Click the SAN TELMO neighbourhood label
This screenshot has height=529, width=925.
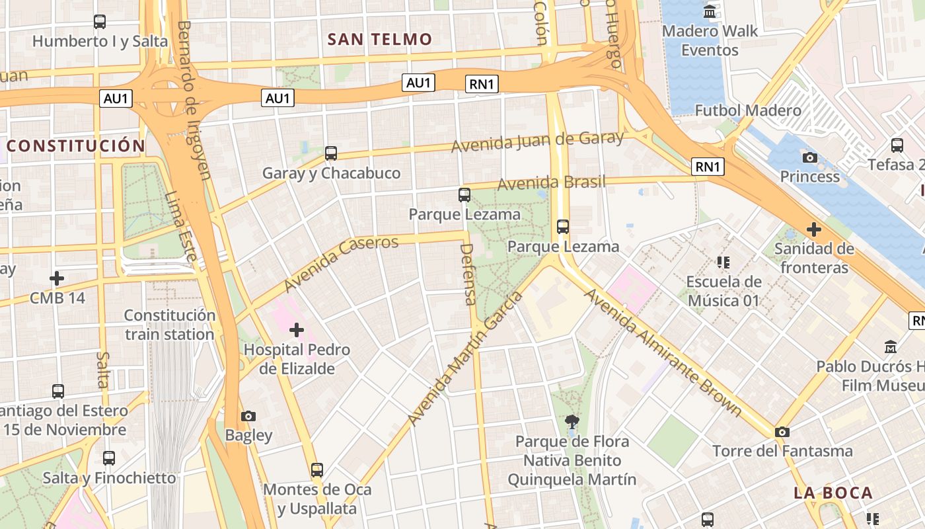click(379, 39)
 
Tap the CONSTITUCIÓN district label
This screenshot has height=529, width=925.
click(75, 146)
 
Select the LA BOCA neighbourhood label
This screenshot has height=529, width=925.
click(833, 493)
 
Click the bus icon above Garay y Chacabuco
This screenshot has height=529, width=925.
click(331, 153)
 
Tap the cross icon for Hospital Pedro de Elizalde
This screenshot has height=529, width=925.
click(296, 329)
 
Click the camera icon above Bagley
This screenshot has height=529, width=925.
click(248, 416)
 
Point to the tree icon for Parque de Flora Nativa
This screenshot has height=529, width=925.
click(572, 421)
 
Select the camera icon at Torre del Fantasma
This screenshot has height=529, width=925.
click(782, 432)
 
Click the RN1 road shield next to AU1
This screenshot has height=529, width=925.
click(482, 84)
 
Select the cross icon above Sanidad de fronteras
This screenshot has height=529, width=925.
click(814, 229)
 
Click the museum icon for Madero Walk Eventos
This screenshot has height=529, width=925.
click(710, 11)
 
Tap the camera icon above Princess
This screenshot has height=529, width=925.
click(809, 157)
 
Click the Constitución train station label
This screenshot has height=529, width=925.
click(170, 325)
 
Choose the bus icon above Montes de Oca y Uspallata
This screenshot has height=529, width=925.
click(317, 470)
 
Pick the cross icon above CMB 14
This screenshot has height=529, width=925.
click(57, 278)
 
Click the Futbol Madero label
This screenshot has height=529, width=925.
click(748, 110)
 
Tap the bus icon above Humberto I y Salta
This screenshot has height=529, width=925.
click(100, 22)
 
